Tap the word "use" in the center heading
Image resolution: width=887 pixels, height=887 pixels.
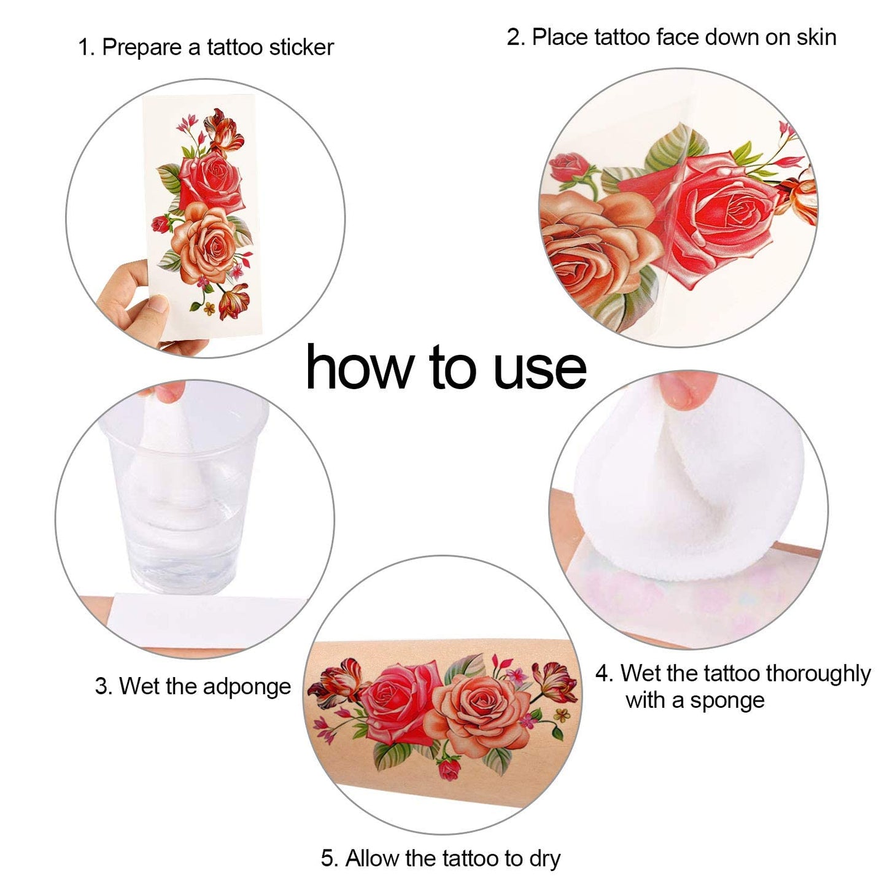tap(540, 371)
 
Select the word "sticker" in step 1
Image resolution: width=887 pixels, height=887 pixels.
tap(301, 47)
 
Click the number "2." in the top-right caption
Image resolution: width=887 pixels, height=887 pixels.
tap(516, 37)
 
